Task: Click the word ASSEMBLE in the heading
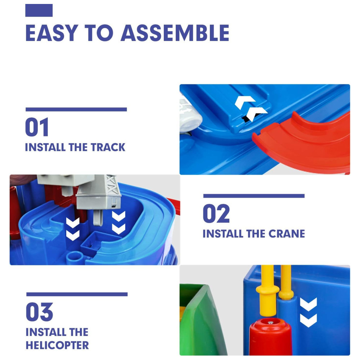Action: [175, 33]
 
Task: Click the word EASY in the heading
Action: [52, 33]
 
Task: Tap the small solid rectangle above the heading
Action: [39, 10]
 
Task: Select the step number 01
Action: [37, 127]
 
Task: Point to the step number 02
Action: [216, 213]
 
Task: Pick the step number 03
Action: [39, 312]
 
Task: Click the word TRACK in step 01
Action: [108, 147]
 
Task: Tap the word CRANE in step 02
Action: [287, 234]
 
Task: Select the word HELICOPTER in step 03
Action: [57, 345]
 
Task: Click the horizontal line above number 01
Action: [76, 109]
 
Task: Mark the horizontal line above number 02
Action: [254, 196]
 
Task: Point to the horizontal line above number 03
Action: [77, 294]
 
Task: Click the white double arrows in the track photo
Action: [250, 108]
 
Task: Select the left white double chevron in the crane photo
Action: [73, 229]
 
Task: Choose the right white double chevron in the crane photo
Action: [119, 222]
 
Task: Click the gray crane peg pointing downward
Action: [98, 217]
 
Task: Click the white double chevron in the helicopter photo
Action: [309, 312]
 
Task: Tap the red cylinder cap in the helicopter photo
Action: [270, 336]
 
